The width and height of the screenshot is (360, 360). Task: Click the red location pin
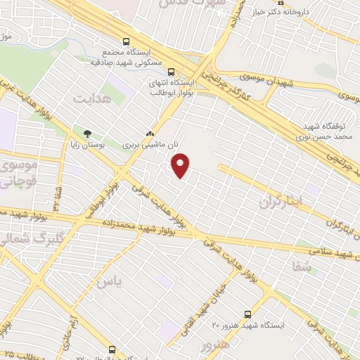coord(181,166)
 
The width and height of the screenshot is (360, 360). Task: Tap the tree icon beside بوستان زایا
coord(88,134)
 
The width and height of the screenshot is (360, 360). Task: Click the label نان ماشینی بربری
coord(149,143)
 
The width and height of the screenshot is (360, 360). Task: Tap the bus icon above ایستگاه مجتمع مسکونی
coord(127,41)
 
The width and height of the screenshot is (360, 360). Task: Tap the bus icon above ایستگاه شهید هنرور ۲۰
coord(247,314)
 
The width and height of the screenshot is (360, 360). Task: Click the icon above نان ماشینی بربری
coord(149,134)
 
